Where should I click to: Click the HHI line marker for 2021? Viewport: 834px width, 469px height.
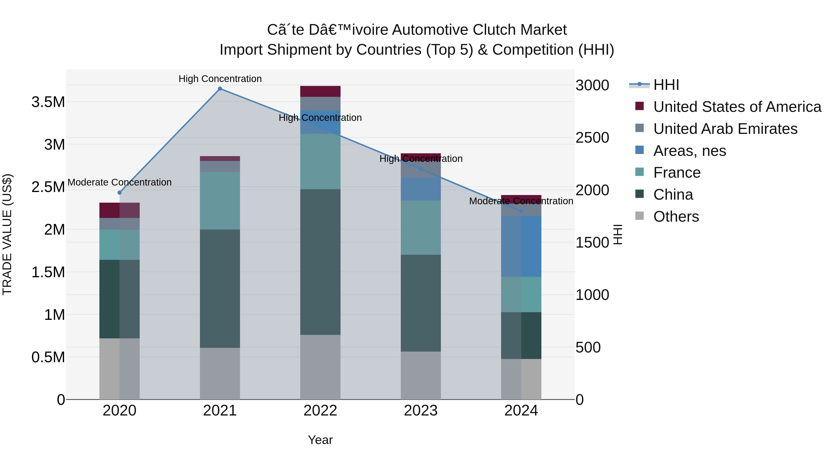220,89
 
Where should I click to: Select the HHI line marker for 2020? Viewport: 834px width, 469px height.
120,193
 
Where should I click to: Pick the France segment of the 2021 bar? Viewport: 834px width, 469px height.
220,201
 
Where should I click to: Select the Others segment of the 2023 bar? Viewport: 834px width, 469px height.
420,375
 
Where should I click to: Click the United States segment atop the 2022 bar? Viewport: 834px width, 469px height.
320,91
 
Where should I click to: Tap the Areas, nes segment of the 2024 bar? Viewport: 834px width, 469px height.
521,246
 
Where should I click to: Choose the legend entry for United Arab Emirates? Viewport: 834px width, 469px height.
725,129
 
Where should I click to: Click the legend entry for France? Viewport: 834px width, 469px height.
677,173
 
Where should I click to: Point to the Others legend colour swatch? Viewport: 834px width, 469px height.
639,216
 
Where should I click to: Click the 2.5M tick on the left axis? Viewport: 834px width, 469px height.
48,187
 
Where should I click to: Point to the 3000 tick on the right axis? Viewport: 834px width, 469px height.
592,85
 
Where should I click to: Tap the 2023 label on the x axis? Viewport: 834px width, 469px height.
420,411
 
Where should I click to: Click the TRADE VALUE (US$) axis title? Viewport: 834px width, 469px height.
7,234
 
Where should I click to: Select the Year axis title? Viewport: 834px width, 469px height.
320,440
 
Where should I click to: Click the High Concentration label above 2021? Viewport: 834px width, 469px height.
220,79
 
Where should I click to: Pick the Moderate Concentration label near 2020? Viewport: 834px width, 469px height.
120,182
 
